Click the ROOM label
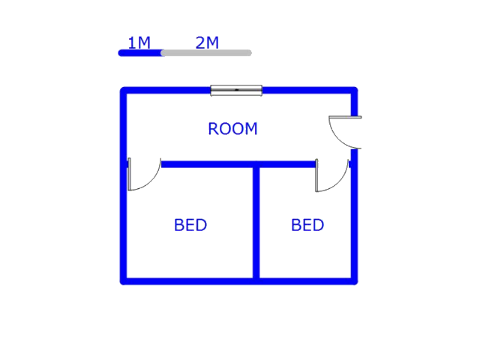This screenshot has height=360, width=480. coord(232,129)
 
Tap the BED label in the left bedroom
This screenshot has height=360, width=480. coord(190,225)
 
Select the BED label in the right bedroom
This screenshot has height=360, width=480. coord(307,225)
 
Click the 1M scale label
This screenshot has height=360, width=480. coord(139,43)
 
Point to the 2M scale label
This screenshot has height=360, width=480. coord(207,43)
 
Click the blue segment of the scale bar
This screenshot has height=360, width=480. coord(140,52)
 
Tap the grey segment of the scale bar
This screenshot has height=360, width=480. coord(206,52)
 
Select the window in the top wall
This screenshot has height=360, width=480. coord(236,91)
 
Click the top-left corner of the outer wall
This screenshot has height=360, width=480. coord(124,91)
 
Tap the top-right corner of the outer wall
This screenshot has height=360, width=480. coord(354,91)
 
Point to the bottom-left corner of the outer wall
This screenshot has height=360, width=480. coord(124,281)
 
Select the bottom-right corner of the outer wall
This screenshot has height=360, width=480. coord(354,281)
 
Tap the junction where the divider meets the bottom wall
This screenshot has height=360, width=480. coord(256,281)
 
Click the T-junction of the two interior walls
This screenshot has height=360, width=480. coord(256,164)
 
